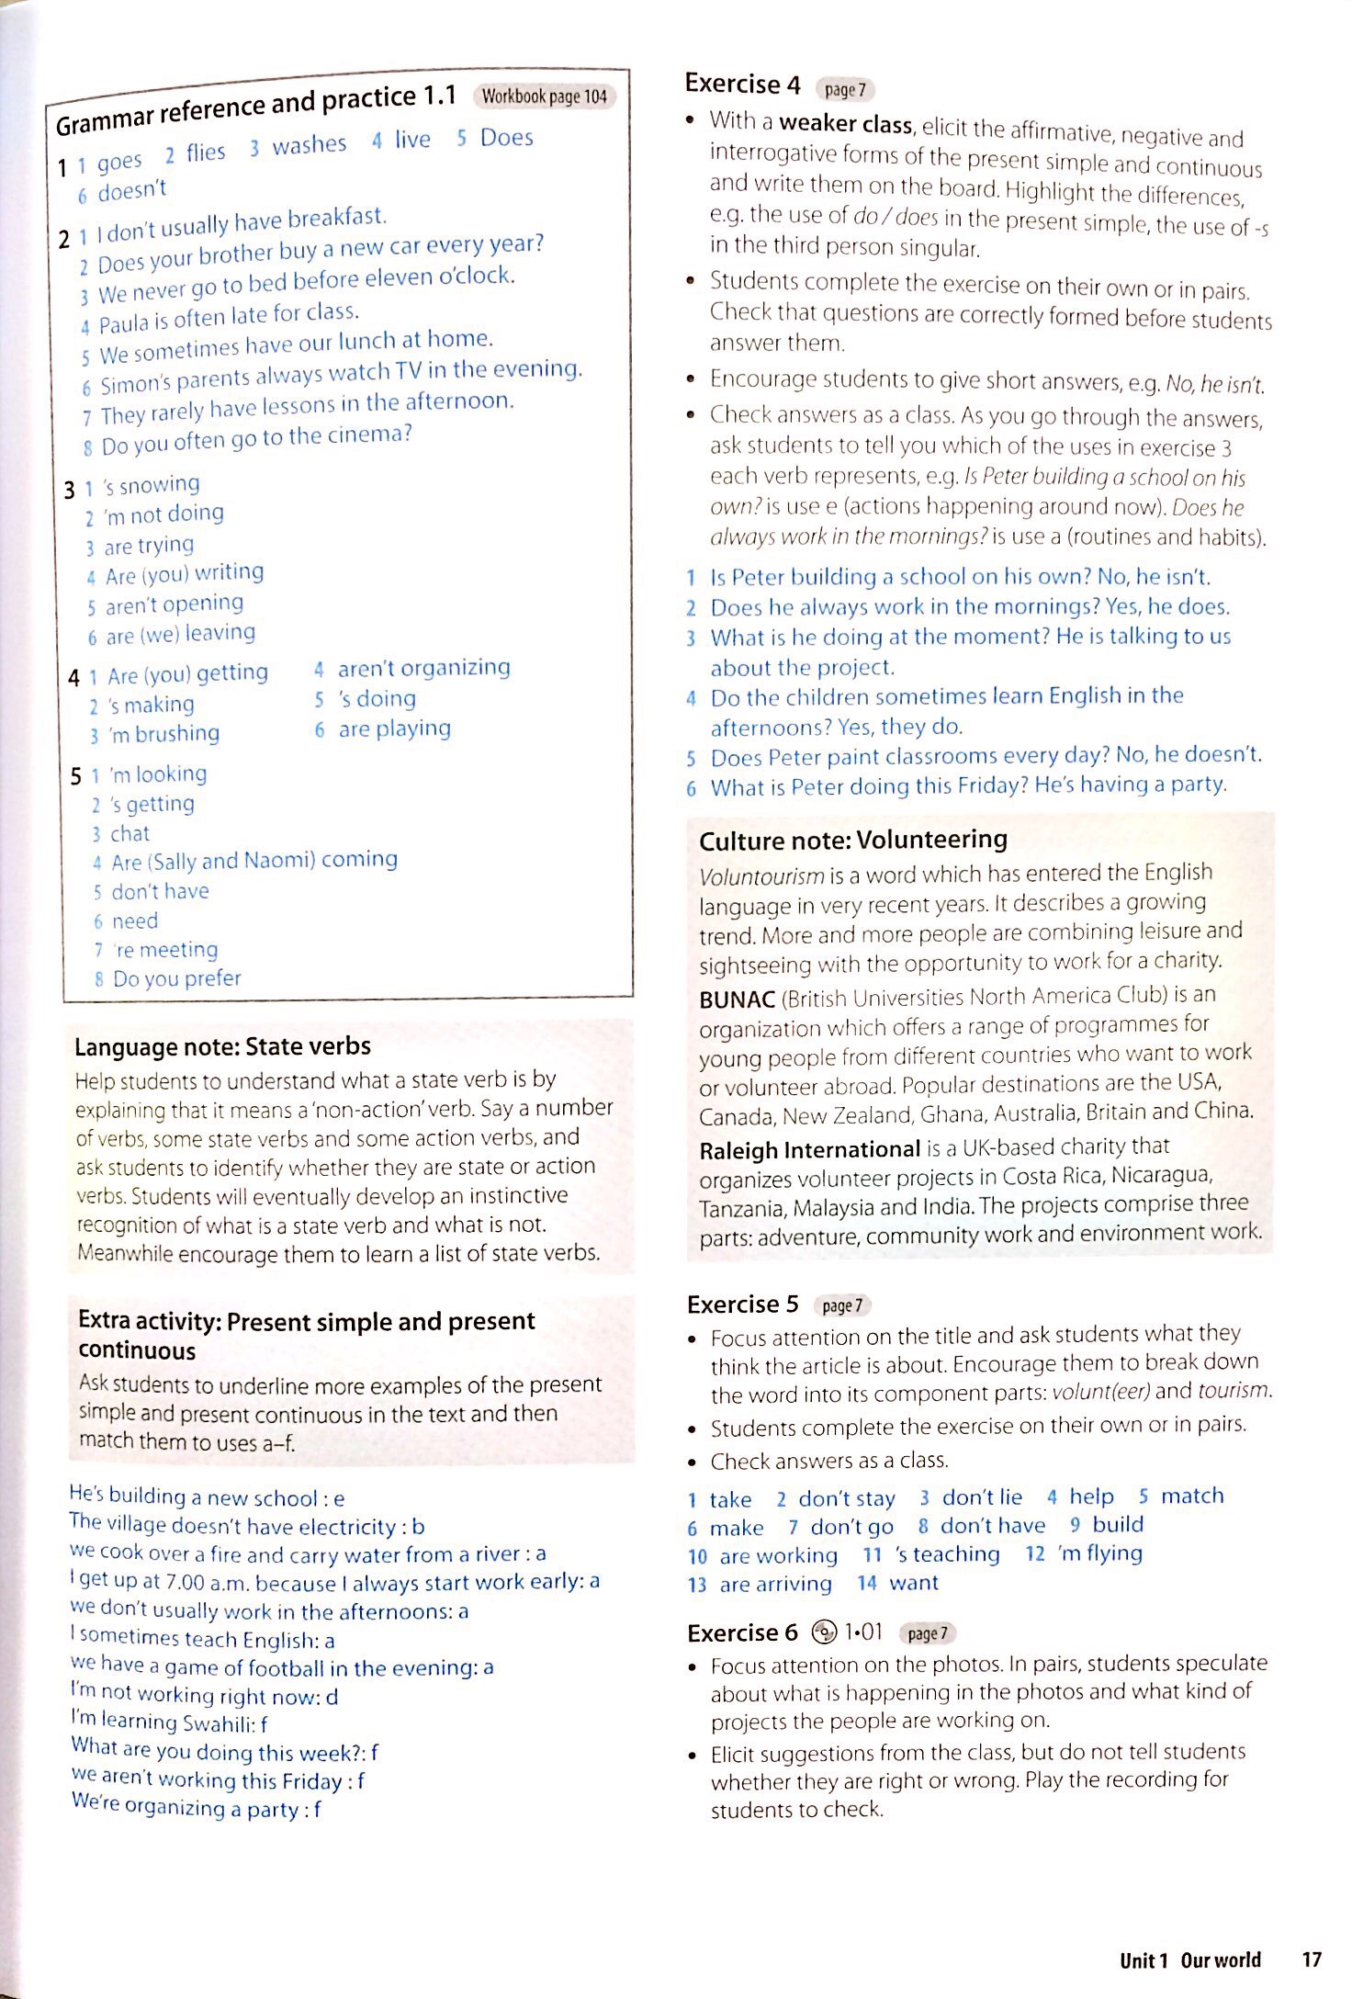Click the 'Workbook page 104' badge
[544, 96]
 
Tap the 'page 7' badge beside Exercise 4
[844, 90]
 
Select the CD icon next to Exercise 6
[824, 1632]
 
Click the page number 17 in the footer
[1311, 1959]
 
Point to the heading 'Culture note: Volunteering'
[852, 840]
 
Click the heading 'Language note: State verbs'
[222, 1046]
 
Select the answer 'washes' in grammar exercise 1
[309, 145]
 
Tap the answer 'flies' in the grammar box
[205, 152]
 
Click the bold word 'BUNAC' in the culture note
[737, 999]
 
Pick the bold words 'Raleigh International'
[809, 1149]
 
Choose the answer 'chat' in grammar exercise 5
[130, 833]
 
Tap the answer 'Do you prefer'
[176, 978]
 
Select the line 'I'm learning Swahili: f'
[169, 1722]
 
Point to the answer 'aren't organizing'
[423, 668]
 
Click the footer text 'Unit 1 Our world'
[1189, 1960]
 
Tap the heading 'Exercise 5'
[742, 1304]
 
